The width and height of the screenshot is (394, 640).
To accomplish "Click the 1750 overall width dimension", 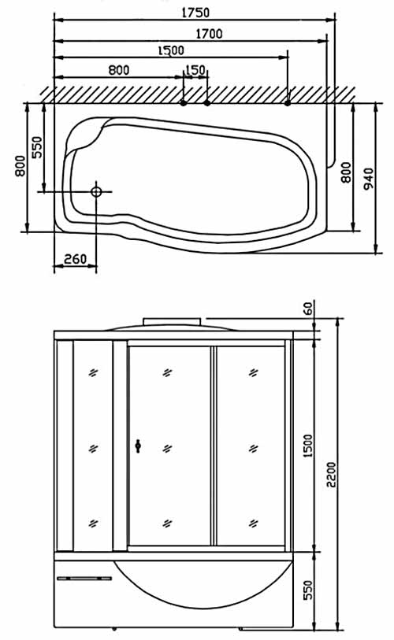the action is coord(195,13).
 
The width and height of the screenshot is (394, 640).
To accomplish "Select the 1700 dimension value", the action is coord(210,34).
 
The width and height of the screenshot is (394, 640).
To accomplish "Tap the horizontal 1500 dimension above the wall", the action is coord(171,50).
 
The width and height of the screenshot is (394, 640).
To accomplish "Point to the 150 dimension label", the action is coord(195,70).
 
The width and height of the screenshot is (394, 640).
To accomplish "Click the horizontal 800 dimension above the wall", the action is coord(118,70).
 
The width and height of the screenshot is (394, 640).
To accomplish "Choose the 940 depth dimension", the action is coord(368,179).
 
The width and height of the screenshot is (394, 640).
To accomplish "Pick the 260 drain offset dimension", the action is coord(76,259).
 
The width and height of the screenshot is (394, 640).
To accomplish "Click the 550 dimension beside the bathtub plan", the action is coord(37,147).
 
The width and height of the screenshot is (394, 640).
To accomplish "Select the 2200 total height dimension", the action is coord(331,474).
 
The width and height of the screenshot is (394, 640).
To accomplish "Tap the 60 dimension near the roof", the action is coord(309,307).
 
